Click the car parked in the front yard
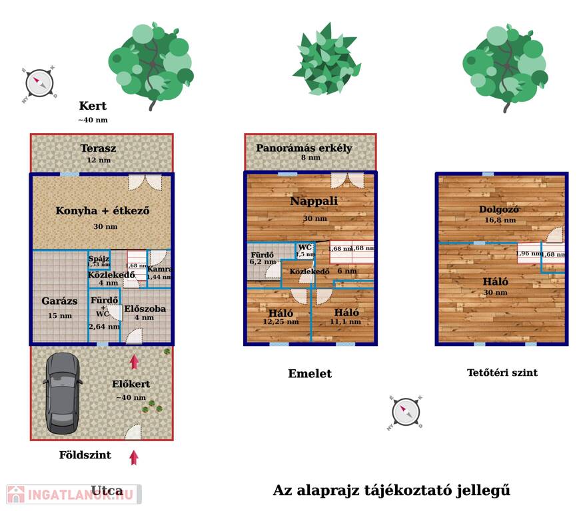(63, 392)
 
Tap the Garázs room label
(59, 301)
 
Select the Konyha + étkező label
(102, 212)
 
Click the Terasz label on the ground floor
(99, 148)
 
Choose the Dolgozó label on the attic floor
(499, 210)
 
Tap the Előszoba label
(145, 309)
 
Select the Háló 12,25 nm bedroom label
(281, 313)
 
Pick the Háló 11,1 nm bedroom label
(346, 313)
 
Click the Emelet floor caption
(309, 374)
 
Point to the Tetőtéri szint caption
(502, 373)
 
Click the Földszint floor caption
(85, 456)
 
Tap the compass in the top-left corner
(39, 83)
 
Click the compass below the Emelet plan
(405, 412)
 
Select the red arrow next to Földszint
(134, 457)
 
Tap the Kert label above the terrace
(93, 106)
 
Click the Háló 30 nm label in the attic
(496, 281)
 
